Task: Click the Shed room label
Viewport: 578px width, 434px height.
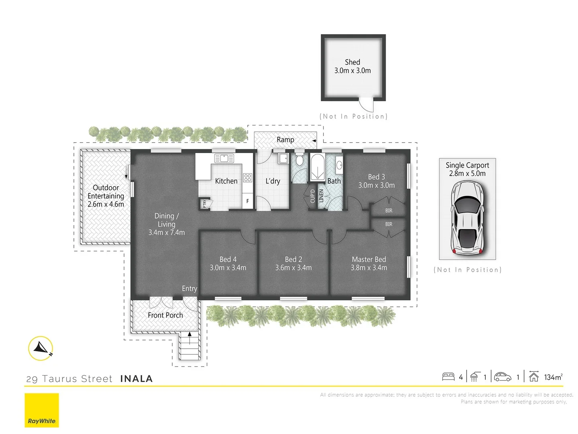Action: (x=352, y=62)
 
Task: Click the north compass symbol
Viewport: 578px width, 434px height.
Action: (x=41, y=348)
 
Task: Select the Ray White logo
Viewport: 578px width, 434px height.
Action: (x=42, y=410)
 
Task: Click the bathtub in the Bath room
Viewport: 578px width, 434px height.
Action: (x=317, y=167)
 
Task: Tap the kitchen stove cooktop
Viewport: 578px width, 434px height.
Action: (x=248, y=177)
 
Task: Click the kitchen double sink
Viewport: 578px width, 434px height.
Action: (x=224, y=158)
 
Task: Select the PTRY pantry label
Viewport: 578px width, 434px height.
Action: (x=205, y=204)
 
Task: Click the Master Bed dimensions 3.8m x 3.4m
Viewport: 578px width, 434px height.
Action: (x=369, y=268)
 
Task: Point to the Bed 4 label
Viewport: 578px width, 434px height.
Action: (x=228, y=259)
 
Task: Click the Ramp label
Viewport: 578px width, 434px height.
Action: (x=285, y=140)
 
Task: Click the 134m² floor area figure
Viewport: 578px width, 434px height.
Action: (x=553, y=377)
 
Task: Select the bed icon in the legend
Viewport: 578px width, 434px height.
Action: (x=448, y=377)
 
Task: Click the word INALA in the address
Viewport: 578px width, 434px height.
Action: (x=136, y=379)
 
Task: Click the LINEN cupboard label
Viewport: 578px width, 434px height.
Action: (x=321, y=196)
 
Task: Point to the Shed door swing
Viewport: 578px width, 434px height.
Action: (x=366, y=106)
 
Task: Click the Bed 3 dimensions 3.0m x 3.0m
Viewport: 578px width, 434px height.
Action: (x=377, y=185)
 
